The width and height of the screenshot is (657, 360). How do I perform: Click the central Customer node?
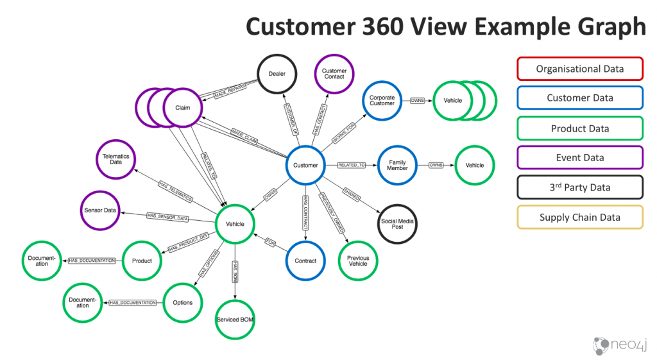[x=305, y=166]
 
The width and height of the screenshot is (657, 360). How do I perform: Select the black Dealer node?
[x=277, y=74]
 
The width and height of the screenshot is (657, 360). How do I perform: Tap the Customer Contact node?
[x=334, y=74]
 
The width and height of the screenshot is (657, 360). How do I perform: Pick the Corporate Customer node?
[x=382, y=101]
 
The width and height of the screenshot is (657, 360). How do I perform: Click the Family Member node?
[x=397, y=166]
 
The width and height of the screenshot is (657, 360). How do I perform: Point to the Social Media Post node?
[x=397, y=224]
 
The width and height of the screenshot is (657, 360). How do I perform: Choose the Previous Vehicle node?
[x=358, y=260]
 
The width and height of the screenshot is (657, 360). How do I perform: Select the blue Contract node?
[x=305, y=261]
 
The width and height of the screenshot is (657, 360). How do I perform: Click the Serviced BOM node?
[x=235, y=319]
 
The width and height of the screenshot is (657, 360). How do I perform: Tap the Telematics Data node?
[x=115, y=159]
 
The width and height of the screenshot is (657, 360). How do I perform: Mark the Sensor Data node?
[x=100, y=210]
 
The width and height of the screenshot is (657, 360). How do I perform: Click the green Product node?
[x=142, y=261]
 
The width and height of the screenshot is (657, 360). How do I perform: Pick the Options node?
[x=183, y=302]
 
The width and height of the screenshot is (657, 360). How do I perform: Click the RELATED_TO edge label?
[x=352, y=166]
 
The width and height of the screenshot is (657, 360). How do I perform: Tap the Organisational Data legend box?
[x=579, y=69]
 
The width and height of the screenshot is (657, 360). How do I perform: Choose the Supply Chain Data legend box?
[x=579, y=218]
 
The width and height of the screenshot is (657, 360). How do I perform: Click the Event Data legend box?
[x=579, y=158]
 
